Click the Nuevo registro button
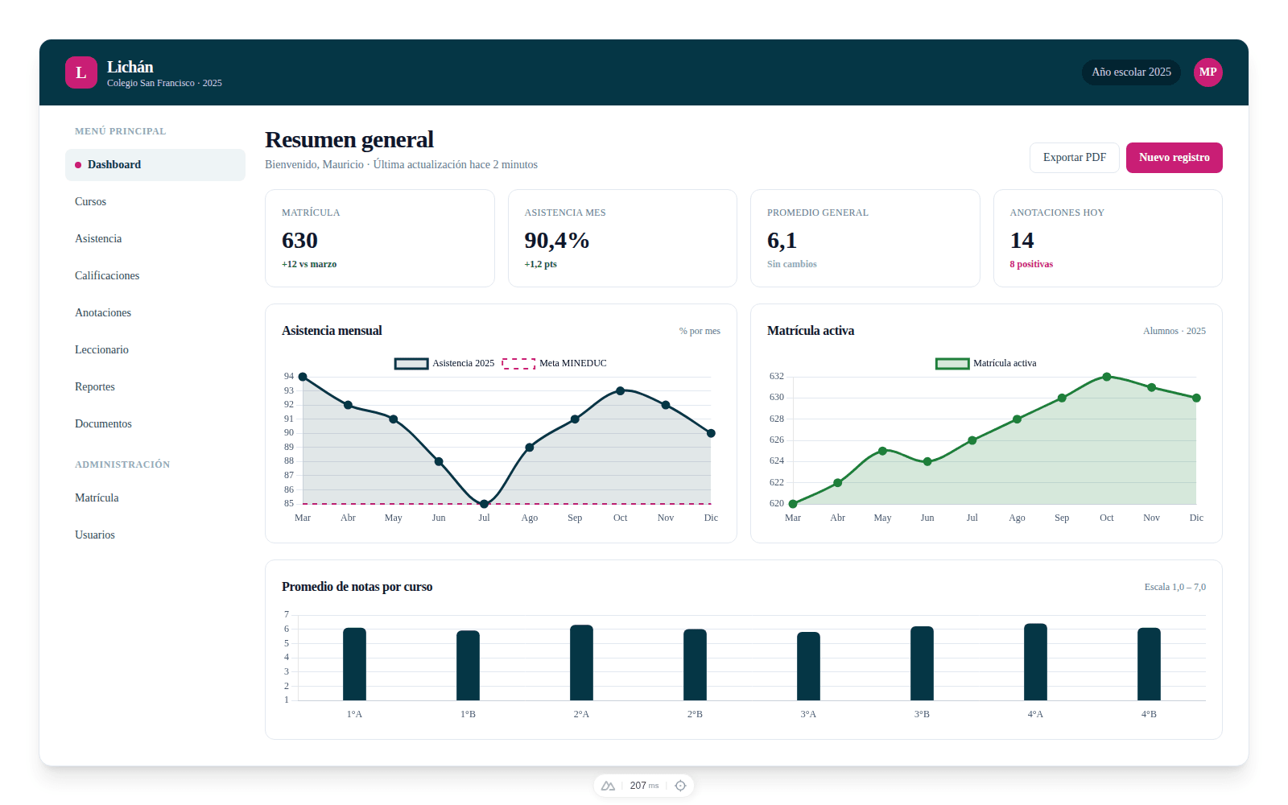point(1174,158)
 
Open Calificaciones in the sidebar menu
point(107,275)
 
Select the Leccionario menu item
point(101,349)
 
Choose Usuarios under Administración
point(95,535)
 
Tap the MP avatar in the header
point(1207,72)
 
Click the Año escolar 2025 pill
point(1131,72)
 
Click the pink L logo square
point(81,72)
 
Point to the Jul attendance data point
point(484,504)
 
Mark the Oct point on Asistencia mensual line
point(620,390)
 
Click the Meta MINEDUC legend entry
point(555,363)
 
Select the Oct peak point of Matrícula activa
point(1107,377)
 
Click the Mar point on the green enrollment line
point(793,504)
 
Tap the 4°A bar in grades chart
point(1035,662)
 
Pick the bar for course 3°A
point(808,666)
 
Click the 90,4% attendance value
point(557,241)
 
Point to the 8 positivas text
point(1031,264)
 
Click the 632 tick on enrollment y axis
point(776,376)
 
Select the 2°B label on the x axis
point(695,714)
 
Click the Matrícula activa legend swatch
point(952,363)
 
